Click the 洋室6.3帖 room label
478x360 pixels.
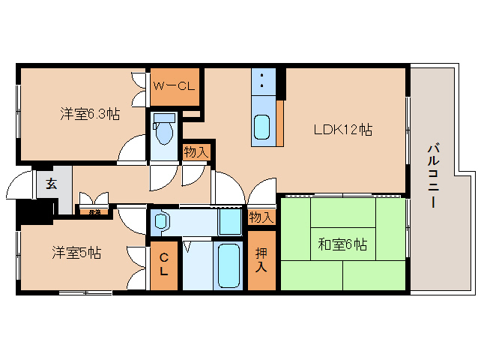click(x=90, y=115)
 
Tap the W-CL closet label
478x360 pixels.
click(x=174, y=85)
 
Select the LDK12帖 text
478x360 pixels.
click(x=343, y=129)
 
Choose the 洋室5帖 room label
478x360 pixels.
click(x=77, y=253)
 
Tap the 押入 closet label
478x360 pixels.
click(x=262, y=259)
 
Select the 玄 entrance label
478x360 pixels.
click(x=50, y=184)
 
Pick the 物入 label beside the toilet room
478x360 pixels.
click(x=197, y=152)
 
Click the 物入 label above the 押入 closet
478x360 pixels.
click(x=261, y=217)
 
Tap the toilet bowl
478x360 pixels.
click(x=164, y=132)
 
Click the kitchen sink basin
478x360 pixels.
click(x=261, y=127)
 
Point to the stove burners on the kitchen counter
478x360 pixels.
click(x=262, y=82)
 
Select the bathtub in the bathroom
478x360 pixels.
click(x=229, y=265)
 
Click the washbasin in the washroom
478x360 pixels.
click(x=161, y=221)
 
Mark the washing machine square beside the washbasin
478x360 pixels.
click(x=230, y=222)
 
